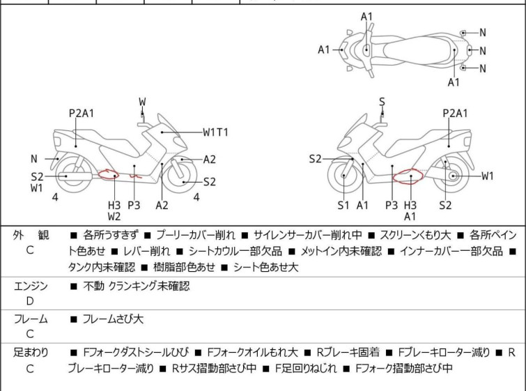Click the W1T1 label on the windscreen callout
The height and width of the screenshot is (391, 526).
(216, 132)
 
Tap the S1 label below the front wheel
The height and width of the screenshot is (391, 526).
(343, 205)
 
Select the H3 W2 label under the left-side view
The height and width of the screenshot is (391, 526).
(114, 210)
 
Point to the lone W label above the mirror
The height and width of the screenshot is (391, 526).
(142, 102)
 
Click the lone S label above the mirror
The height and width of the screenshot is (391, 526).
(382, 102)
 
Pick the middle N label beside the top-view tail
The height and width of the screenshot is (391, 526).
(482, 51)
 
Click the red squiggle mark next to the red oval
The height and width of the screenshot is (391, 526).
(136, 176)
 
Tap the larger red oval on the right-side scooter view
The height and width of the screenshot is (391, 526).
(408, 176)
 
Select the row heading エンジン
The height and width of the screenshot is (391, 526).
(31, 286)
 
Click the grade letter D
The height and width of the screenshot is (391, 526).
(30, 301)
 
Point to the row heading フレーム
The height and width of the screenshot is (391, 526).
(31, 319)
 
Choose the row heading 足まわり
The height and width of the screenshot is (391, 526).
(31, 353)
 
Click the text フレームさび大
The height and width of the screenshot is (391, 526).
(113, 319)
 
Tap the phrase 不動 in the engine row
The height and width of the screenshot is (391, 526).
(93, 286)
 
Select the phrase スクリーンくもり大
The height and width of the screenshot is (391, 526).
(415, 235)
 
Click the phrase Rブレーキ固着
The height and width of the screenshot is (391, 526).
(348, 353)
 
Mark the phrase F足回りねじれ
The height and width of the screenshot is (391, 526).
(306, 369)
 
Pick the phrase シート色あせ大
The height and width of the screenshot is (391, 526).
(265, 268)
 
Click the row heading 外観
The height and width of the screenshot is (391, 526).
(31, 235)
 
